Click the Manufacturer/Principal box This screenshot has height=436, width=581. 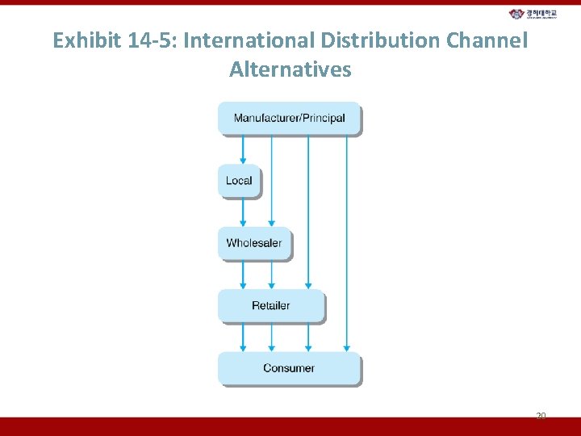click(x=289, y=119)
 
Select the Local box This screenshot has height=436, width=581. click(x=239, y=181)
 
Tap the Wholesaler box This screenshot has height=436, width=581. click(x=254, y=243)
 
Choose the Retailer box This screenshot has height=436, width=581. click(x=271, y=306)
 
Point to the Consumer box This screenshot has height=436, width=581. click(x=289, y=368)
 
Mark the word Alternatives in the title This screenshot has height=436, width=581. click(x=290, y=69)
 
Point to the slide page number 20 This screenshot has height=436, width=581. click(x=541, y=416)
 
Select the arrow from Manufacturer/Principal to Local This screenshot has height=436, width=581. click(x=243, y=149)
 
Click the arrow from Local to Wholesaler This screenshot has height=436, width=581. click(x=243, y=212)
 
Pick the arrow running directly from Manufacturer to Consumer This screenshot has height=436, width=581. click(x=346, y=242)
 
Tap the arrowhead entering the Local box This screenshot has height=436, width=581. click(x=243, y=161)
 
